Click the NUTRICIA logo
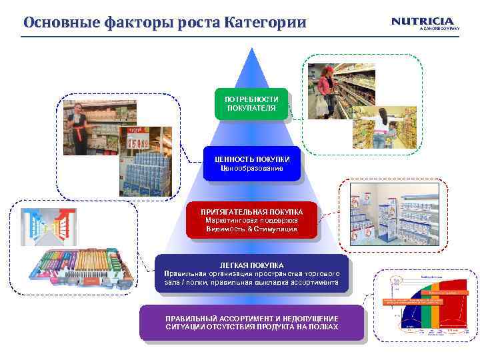423,22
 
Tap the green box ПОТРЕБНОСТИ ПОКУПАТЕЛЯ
251,104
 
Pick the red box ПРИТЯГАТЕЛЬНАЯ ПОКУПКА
251,220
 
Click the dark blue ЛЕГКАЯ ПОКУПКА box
251,274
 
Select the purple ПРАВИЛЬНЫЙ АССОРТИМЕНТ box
251,323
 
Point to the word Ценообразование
251,168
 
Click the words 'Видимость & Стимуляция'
251,229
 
